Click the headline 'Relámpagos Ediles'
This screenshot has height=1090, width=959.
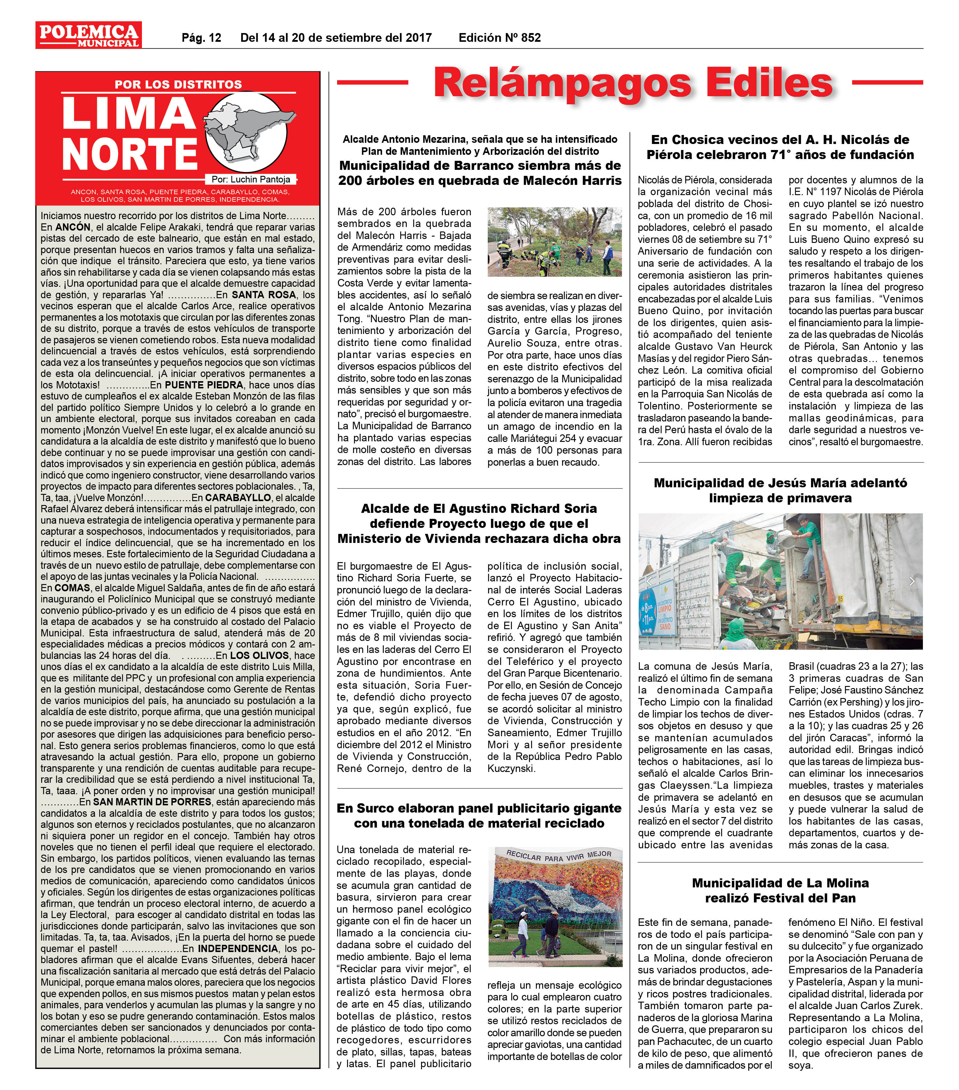tap(633, 83)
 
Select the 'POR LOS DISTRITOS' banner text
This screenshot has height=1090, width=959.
tap(178, 84)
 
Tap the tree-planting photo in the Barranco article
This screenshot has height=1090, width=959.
tap(555, 242)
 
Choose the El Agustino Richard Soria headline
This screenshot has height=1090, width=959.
tap(479, 523)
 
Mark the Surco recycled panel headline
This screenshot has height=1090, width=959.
tap(479, 815)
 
